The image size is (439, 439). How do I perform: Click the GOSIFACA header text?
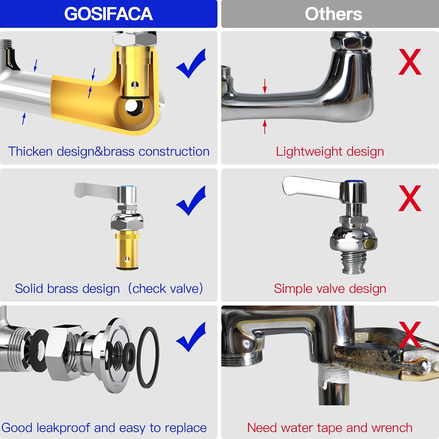pos(108,14)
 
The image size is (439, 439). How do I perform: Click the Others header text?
pos(333,14)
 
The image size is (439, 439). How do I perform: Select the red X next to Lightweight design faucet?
pos(410,62)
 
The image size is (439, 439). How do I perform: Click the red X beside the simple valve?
pos(410,198)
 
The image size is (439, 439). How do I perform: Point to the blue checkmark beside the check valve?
pos(192,201)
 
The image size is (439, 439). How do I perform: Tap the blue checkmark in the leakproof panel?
pos(192,337)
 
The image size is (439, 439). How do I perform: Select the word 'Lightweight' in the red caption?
pos(309,152)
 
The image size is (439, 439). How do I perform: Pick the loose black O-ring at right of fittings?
pos(148,357)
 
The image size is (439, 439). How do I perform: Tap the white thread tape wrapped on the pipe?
pos(334,375)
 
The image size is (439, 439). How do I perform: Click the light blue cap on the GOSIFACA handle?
pos(128,186)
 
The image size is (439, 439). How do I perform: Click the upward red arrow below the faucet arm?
pos(265,126)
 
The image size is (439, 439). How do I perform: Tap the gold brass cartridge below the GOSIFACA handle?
pos(127,250)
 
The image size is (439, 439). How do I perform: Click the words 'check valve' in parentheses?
pos(165,289)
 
